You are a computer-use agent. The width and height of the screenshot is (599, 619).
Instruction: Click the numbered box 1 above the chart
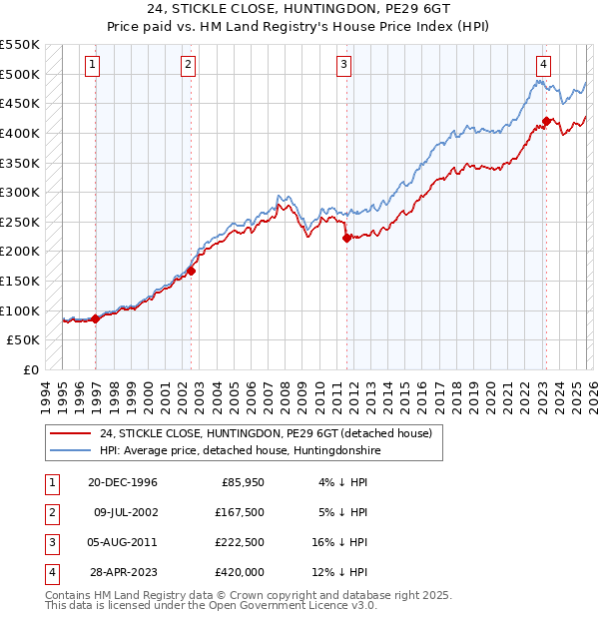click(x=92, y=66)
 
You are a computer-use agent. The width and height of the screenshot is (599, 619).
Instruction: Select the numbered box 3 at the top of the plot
click(x=342, y=66)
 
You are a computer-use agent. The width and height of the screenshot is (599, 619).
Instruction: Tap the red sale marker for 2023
click(x=546, y=122)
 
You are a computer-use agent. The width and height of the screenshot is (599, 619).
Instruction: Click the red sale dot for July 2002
click(x=191, y=270)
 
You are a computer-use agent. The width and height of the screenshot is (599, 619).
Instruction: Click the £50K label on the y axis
click(x=24, y=340)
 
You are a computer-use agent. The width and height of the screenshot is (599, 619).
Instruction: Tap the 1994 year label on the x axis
click(x=46, y=394)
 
